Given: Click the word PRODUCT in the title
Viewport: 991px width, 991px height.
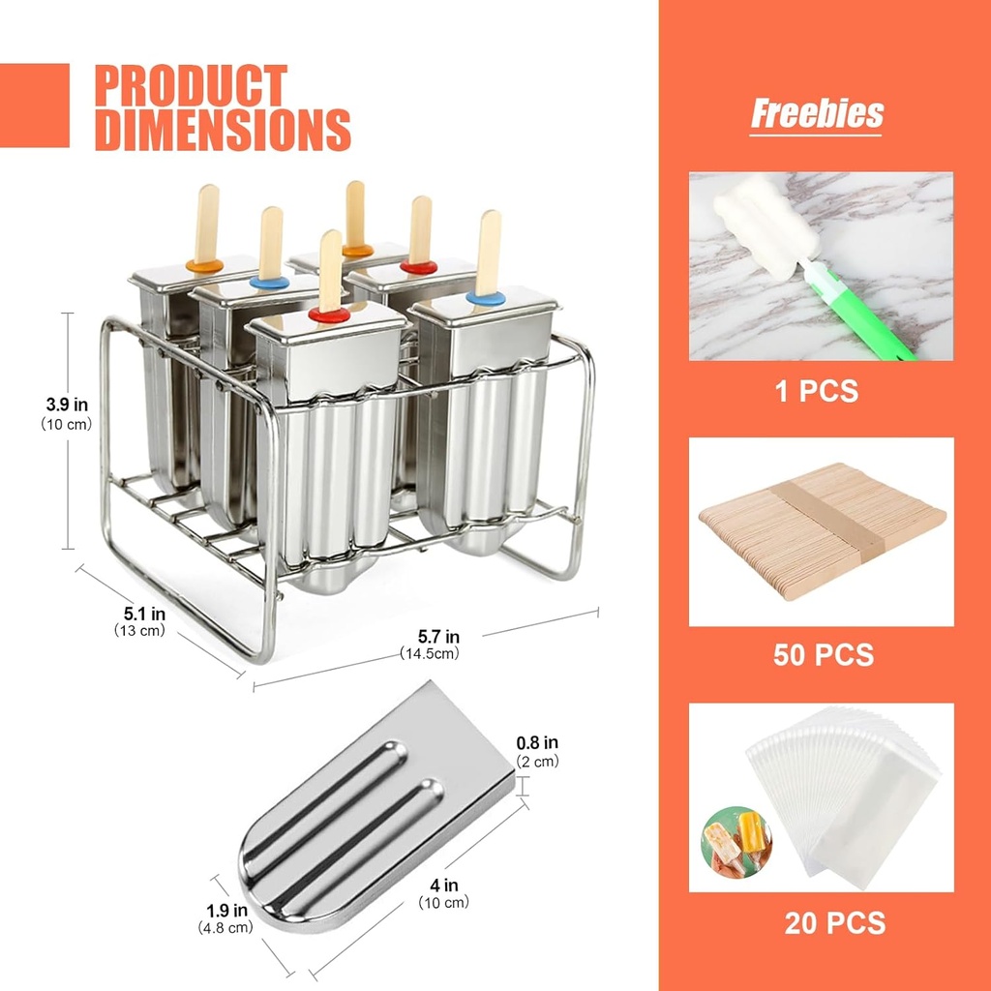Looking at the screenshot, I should coord(191,86).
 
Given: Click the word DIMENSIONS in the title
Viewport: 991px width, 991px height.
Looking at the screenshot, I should coord(222,129).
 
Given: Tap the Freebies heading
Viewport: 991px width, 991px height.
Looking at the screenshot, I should coord(817,113).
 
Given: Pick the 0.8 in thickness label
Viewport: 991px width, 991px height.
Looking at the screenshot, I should coord(536,743).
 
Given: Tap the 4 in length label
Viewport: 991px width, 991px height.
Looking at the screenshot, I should coord(444,885).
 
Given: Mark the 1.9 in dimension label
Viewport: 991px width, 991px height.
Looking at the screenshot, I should coord(225,911).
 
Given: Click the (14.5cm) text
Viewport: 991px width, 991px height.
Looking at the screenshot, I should coord(431,653).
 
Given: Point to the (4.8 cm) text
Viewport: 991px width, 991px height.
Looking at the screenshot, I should coord(225,927).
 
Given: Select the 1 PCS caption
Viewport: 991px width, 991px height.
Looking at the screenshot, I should coord(817,391).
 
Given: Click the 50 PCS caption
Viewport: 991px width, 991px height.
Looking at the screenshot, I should coord(823,654).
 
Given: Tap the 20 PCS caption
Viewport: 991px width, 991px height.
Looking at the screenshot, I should coord(834,922).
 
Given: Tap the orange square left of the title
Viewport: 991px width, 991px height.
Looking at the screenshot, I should coord(35,105).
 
